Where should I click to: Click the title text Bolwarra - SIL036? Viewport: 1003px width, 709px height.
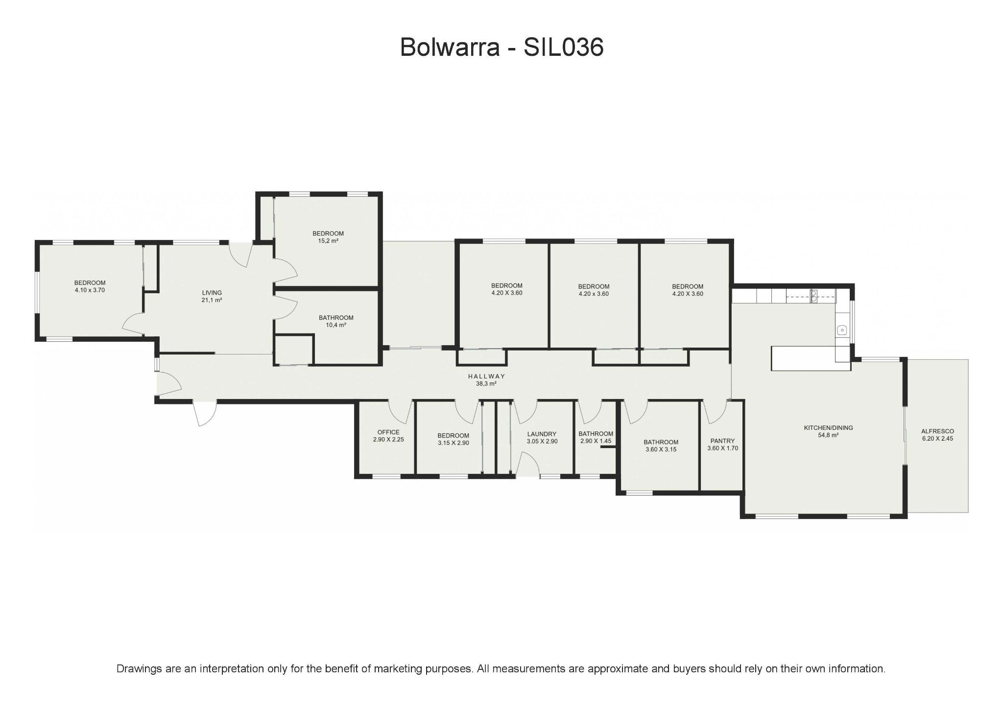[x=501, y=47]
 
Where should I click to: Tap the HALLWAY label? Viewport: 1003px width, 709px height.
[x=486, y=376]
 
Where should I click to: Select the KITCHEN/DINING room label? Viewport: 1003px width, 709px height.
[x=828, y=427]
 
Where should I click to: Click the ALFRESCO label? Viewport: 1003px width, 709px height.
[x=937, y=431]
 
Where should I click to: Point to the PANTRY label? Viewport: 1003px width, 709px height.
[x=722, y=441]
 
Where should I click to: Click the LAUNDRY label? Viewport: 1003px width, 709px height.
[x=542, y=434]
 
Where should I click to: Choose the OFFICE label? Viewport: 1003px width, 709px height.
[x=388, y=432]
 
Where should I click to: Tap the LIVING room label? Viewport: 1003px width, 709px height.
[x=212, y=293]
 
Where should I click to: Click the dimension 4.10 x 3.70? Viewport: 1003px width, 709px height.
[x=90, y=290]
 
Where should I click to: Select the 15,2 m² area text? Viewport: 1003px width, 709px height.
[x=328, y=241]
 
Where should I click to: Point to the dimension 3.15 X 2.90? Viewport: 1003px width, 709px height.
[x=453, y=443]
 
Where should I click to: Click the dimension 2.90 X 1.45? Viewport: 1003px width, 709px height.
[x=596, y=441]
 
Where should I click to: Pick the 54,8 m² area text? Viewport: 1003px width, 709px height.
[x=828, y=435]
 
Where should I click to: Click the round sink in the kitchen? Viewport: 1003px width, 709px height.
[x=841, y=331]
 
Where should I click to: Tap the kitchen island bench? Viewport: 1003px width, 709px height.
[x=803, y=358]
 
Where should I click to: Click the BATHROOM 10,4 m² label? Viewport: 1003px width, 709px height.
[x=336, y=318]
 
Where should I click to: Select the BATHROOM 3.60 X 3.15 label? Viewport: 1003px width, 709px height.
[x=661, y=442]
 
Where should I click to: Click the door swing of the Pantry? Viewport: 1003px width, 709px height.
[x=716, y=413]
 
